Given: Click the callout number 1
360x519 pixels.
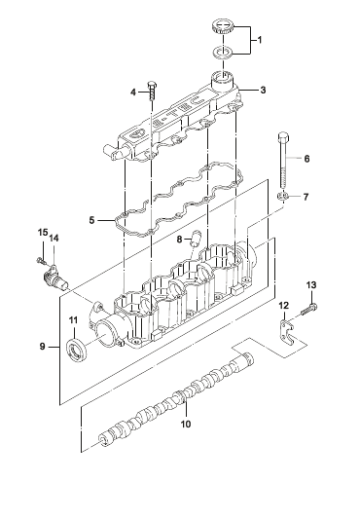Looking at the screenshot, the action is (260, 40).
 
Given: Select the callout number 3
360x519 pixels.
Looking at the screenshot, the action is (263, 90).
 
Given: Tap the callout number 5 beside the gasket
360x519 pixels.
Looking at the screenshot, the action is (91, 220).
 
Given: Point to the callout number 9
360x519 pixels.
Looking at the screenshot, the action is (43, 347).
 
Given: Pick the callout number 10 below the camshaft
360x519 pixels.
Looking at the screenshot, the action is (186, 424).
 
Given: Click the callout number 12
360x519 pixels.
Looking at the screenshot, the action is (283, 305).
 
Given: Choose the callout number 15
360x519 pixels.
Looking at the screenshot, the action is (43, 233).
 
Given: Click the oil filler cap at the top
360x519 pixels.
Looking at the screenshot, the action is (223, 27).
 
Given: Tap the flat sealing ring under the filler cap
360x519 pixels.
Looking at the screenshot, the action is (223, 52).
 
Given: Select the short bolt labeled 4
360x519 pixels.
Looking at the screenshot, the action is (152, 91).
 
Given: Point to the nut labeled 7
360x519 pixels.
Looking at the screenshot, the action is (282, 197).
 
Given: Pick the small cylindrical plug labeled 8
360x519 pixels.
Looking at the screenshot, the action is (195, 238).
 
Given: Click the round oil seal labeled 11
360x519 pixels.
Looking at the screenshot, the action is (78, 349).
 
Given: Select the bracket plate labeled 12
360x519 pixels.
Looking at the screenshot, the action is (287, 332).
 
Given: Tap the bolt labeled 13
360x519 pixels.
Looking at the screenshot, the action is (309, 309).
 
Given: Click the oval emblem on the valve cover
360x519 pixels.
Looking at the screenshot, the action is (135, 133).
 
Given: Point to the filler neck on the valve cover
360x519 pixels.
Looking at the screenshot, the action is (223, 80).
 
